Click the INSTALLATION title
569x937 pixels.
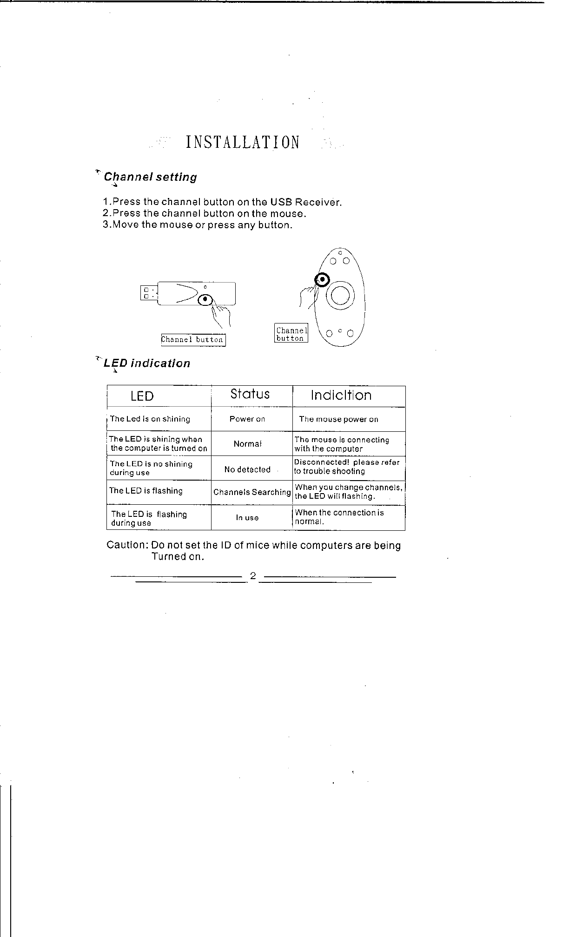tap(242, 142)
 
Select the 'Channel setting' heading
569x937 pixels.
tap(150, 177)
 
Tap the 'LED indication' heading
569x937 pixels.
tap(147, 363)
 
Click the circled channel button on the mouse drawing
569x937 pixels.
tap(322, 279)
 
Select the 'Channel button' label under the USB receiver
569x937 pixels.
tap(193, 340)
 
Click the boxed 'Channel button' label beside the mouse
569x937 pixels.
tap(291, 334)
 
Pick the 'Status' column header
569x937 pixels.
tap(250, 394)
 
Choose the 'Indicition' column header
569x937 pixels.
tap(341, 396)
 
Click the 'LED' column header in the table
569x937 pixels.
tap(142, 396)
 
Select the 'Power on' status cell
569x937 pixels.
tap(247, 419)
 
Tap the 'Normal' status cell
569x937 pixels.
tap(248, 444)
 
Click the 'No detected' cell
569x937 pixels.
tap(247, 469)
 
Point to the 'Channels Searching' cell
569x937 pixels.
tap(252, 492)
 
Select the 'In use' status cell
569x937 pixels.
tap(247, 518)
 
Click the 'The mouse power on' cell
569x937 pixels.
tap(338, 419)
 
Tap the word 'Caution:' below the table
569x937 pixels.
tap(127, 545)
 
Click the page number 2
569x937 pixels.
tap(253, 576)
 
